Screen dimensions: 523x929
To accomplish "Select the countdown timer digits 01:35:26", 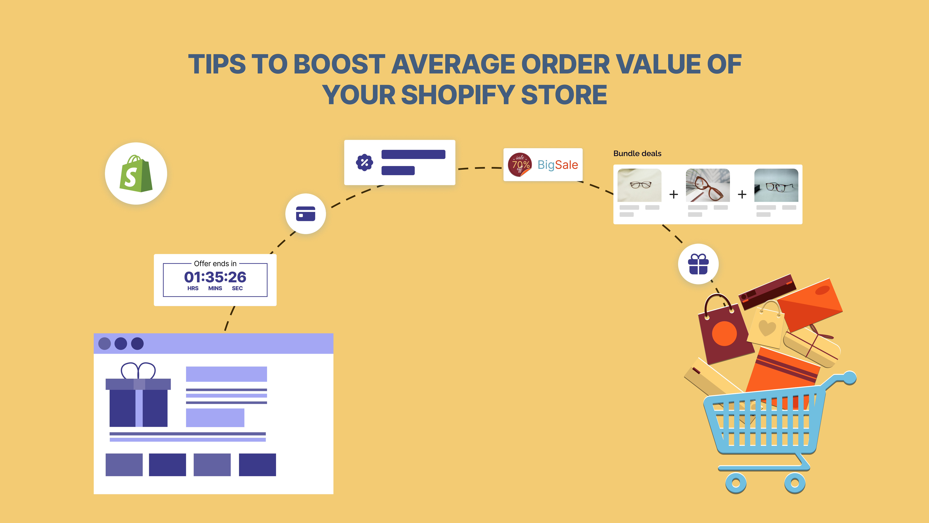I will [x=215, y=277].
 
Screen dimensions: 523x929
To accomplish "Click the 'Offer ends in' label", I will [x=215, y=263].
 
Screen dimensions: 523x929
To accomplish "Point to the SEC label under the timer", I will [x=237, y=288].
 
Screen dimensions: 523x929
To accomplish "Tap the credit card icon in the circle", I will [x=305, y=214].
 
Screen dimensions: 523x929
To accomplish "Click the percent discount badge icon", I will [x=364, y=162].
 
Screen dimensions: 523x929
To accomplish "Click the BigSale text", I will [x=558, y=165].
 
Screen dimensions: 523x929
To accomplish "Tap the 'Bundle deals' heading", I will [x=637, y=153].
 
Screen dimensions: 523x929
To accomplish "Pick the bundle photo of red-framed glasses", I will [x=708, y=185].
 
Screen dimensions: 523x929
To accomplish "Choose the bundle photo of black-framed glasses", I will [x=776, y=185].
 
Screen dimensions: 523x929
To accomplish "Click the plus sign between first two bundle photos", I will [x=673, y=195].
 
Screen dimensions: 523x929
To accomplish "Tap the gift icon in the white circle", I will [x=698, y=264].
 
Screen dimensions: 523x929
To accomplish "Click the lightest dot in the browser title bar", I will [x=105, y=344].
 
